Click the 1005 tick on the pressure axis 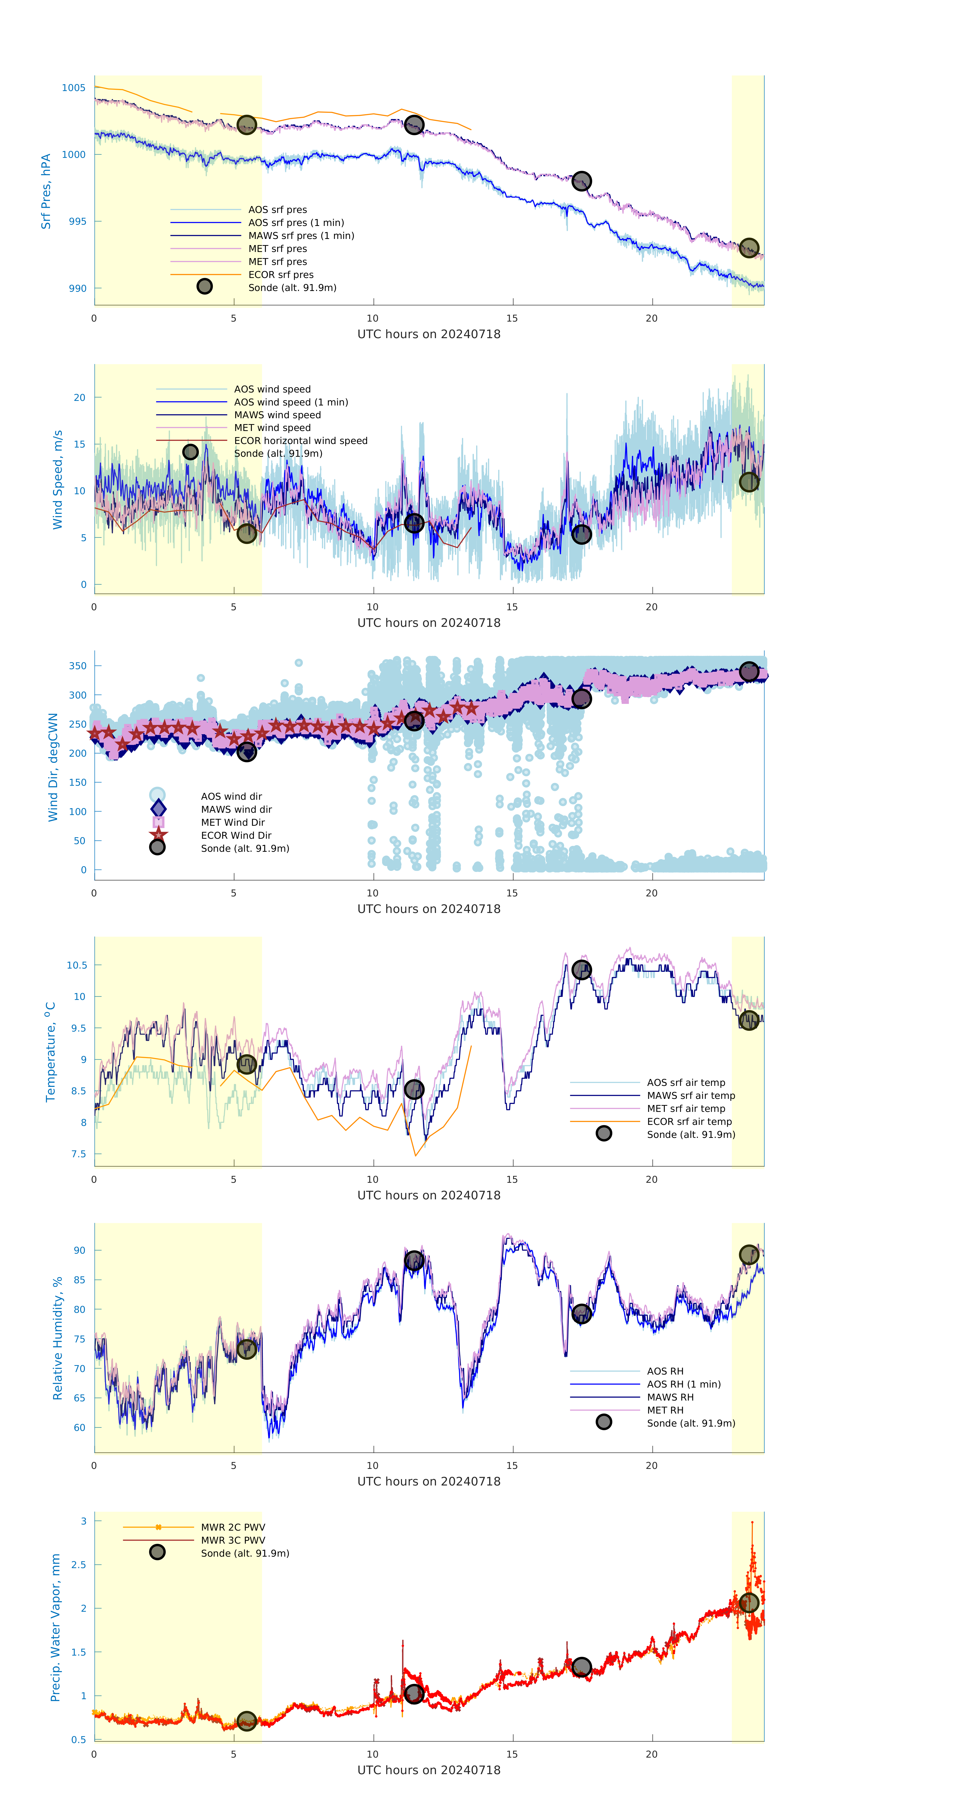point(73,88)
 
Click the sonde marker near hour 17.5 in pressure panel point(581,181)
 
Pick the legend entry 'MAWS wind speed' point(277,415)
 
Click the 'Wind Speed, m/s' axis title point(58,480)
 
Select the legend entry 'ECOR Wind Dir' point(236,835)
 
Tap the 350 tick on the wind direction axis point(77,666)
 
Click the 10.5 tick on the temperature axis point(77,965)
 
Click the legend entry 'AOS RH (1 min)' point(683,1384)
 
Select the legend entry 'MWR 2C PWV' point(233,1527)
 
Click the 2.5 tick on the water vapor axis point(79,1565)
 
